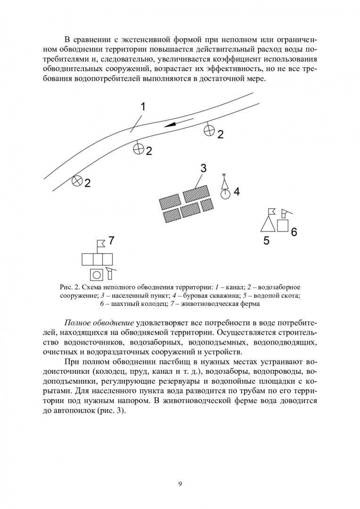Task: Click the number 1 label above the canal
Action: pyautogui.click(x=143, y=107)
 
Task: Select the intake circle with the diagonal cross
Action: pyautogui.click(x=77, y=181)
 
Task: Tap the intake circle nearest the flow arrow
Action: pyautogui.click(x=209, y=131)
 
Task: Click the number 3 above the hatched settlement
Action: pyautogui.click(x=203, y=167)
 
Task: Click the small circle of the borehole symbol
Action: pyautogui.click(x=225, y=193)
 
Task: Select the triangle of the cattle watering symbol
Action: pyautogui.click(x=268, y=223)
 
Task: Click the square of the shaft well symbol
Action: pyautogui.click(x=283, y=226)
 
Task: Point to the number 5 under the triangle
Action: pyautogui.click(x=266, y=241)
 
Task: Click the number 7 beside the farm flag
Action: pyautogui.click(x=111, y=240)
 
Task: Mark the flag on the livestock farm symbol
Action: pyautogui.click(x=100, y=244)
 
